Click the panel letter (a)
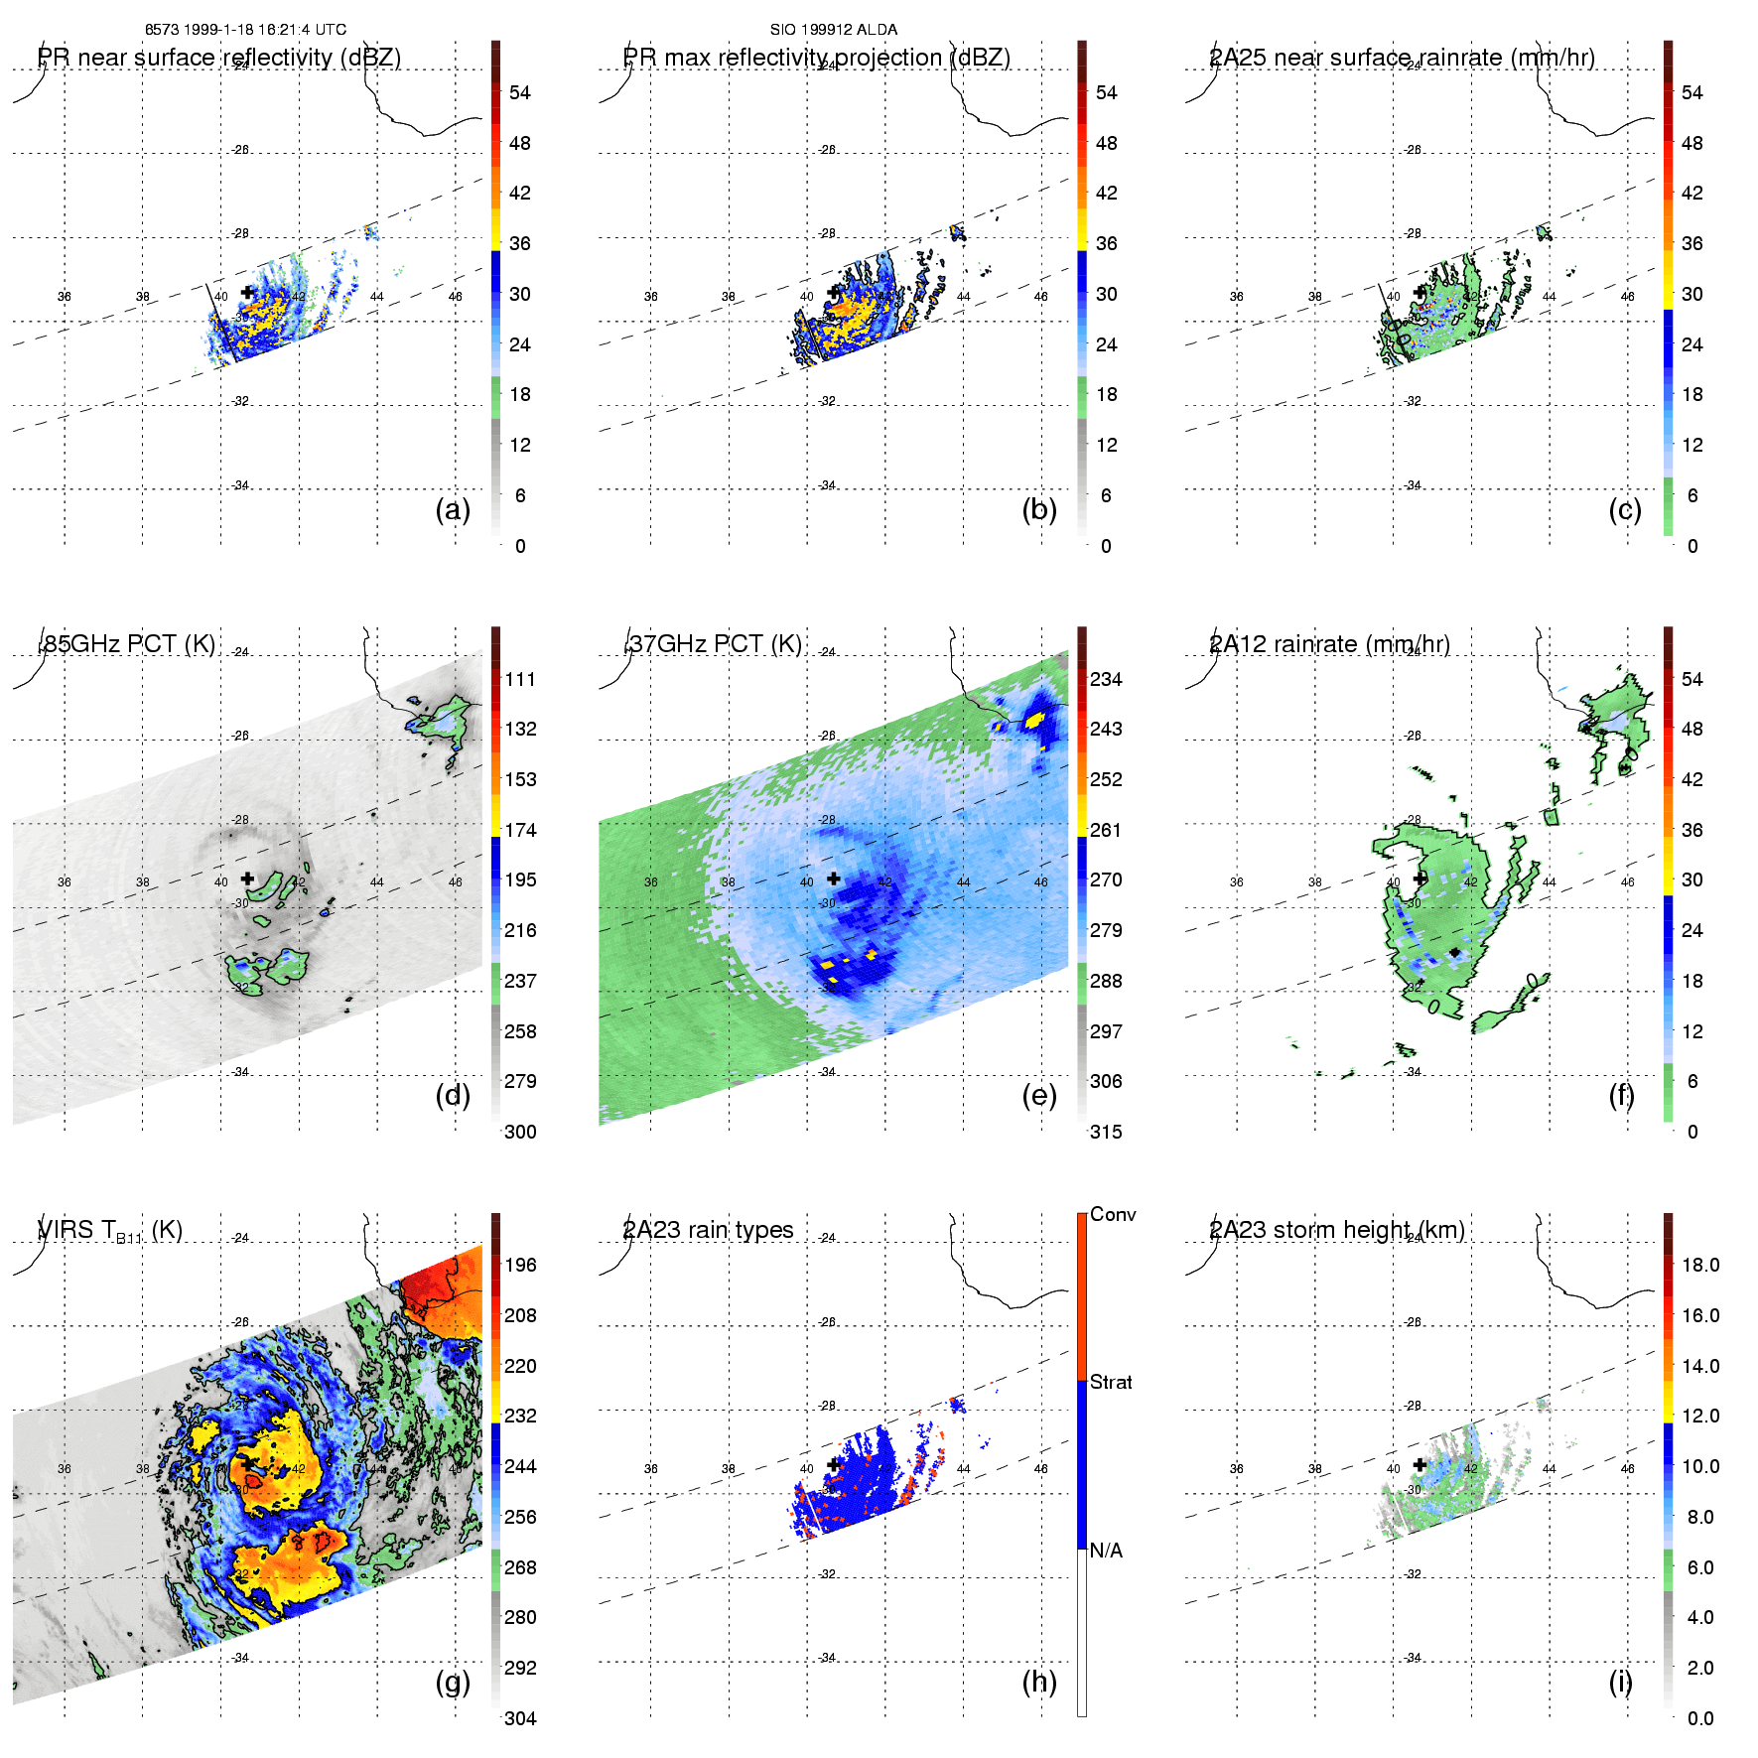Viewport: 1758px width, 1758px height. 453,510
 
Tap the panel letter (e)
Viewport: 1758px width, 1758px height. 1039,1096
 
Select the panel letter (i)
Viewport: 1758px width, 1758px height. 1620,1682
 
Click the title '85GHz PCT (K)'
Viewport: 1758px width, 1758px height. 128,644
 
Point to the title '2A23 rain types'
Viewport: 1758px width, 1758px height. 708,1230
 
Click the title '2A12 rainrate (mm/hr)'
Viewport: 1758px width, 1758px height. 1329,644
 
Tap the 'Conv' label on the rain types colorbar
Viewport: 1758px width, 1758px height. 1113,1214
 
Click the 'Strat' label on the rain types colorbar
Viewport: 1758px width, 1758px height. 1111,1382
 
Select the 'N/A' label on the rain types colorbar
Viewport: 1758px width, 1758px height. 1107,1551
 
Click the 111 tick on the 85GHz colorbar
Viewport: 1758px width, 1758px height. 520,679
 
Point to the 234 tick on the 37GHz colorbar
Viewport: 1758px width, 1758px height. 1106,679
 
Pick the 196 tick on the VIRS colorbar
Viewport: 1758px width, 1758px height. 520,1265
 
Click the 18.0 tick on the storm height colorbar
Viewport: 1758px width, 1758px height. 1700,1265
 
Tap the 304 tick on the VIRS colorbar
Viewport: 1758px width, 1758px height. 520,1718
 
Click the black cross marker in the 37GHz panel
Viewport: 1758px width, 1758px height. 834,879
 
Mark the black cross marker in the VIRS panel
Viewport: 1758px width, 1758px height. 247,1464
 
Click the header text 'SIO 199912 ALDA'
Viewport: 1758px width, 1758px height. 834,30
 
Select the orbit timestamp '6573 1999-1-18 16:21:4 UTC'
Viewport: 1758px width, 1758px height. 246,30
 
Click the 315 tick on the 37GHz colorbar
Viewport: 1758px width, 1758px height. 1106,1132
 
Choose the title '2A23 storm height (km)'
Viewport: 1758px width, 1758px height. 1337,1230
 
